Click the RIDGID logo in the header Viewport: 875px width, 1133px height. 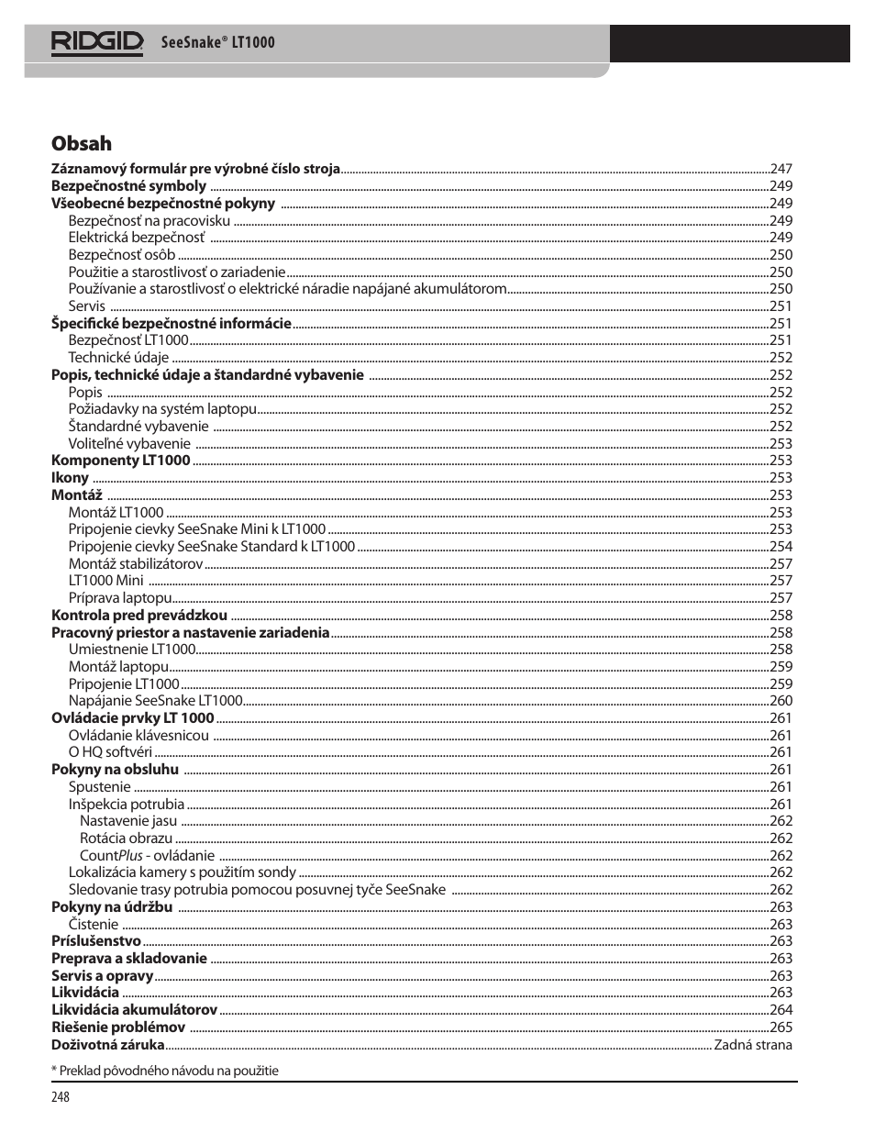(97, 42)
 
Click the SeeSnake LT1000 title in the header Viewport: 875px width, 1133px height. (217, 42)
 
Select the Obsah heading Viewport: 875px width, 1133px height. (82, 143)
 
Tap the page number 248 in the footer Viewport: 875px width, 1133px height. (61, 1097)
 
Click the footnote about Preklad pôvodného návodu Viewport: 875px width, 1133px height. (165, 1071)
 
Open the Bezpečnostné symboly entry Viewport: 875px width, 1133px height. (128, 186)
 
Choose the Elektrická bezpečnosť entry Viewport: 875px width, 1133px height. (137, 238)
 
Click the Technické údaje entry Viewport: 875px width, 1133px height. (118, 358)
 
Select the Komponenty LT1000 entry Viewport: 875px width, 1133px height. (120, 461)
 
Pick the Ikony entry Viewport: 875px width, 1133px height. (70, 478)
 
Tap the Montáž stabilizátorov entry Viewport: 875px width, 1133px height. (136, 564)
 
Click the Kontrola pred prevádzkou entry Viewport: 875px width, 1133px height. (139, 616)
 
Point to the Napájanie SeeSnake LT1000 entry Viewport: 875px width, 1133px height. (155, 701)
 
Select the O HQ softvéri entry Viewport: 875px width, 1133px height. (110, 752)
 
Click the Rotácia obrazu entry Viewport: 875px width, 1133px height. (126, 839)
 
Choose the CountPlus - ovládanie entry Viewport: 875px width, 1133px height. (147, 856)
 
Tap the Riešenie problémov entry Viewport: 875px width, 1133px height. (118, 1027)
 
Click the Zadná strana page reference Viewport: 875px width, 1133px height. (753, 1045)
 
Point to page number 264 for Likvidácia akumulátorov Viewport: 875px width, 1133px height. (781, 1010)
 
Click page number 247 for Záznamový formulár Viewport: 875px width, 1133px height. (781, 169)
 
